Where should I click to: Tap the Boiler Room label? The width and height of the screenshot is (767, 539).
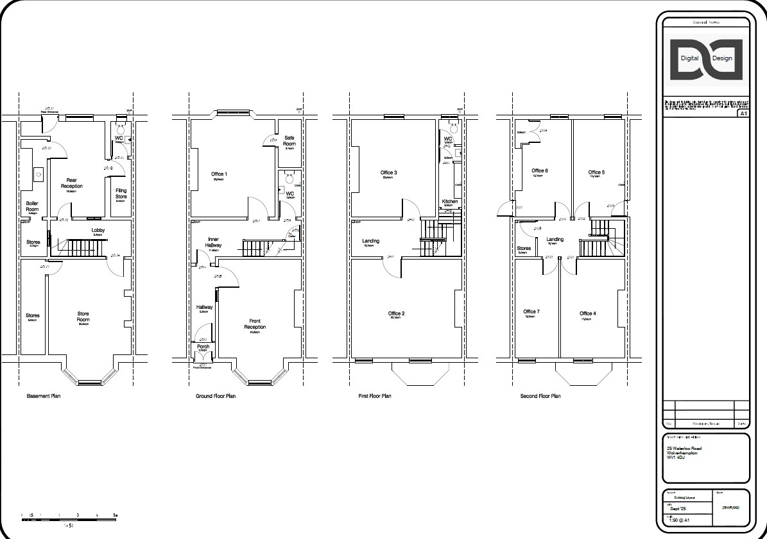pyautogui.click(x=32, y=206)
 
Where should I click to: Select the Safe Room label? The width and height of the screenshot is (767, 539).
pyautogui.click(x=289, y=142)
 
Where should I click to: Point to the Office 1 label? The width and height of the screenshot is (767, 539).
pyautogui.click(x=219, y=174)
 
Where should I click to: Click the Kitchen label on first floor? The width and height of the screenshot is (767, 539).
pyautogui.click(x=450, y=202)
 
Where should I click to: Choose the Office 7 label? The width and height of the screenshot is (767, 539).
pyautogui.click(x=531, y=312)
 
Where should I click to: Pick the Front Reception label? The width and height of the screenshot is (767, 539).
pyautogui.click(x=255, y=324)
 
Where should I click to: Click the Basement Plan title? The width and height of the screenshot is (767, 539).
pyautogui.click(x=44, y=396)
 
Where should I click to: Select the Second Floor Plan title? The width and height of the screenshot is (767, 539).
pyautogui.click(x=540, y=396)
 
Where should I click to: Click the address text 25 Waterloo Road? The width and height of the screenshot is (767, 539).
pyautogui.click(x=684, y=448)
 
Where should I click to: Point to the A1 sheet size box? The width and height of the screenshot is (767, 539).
pyautogui.click(x=743, y=113)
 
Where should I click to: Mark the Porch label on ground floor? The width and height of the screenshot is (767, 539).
pyautogui.click(x=203, y=347)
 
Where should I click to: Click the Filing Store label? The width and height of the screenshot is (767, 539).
pyautogui.click(x=121, y=193)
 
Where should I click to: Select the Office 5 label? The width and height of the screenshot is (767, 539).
pyautogui.click(x=596, y=172)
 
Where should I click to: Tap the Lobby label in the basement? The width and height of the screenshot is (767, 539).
pyautogui.click(x=98, y=230)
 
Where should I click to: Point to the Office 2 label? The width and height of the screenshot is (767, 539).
pyautogui.click(x=396, y=313)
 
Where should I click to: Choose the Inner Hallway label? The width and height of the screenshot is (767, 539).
pyautogui.click(x=214, y=242)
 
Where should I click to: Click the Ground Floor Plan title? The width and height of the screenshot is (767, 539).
pyautogui.click(x=216, y=396)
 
